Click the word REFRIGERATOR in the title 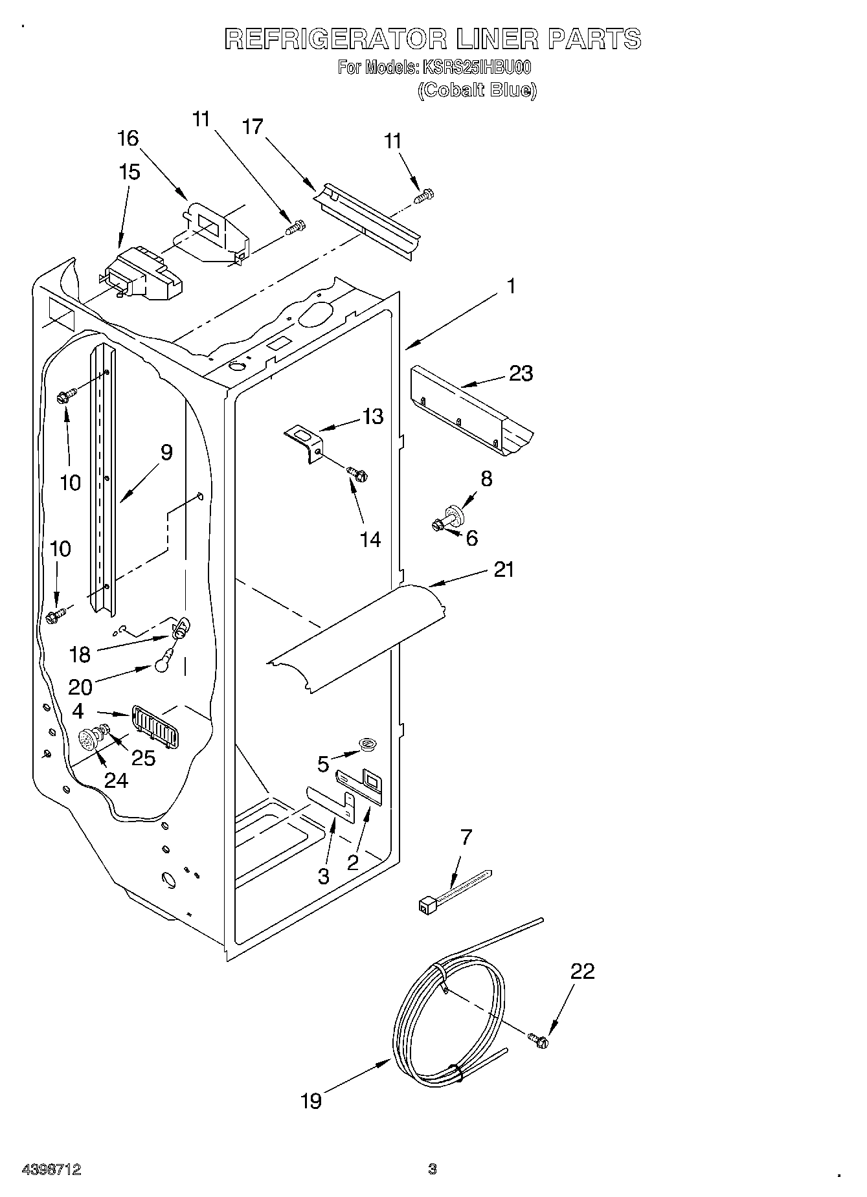[x=335, y=39]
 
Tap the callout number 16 [x=128, y=138]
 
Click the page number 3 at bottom [x=433, y=1169]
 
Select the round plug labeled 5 [x=369, y=744]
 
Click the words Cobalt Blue [x=477, y=90]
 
